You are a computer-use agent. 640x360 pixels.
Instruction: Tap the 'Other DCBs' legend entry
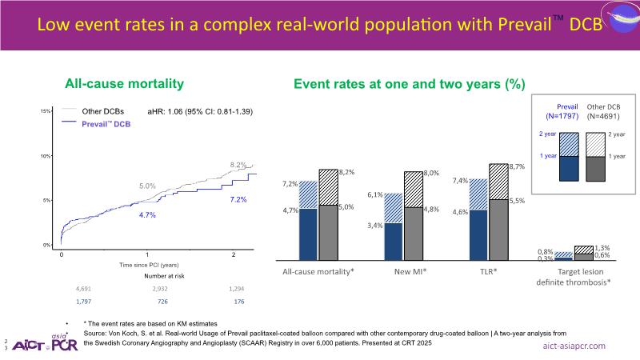(102, 112)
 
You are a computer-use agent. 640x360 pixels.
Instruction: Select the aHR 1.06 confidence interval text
(206, 112)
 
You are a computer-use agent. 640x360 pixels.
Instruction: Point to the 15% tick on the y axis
(46, 110)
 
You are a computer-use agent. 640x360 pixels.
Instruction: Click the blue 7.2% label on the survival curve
(238, 198)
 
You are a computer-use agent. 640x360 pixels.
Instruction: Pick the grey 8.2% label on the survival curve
(238, 165)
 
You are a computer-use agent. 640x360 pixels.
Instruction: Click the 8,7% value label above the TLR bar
(516, 166)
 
